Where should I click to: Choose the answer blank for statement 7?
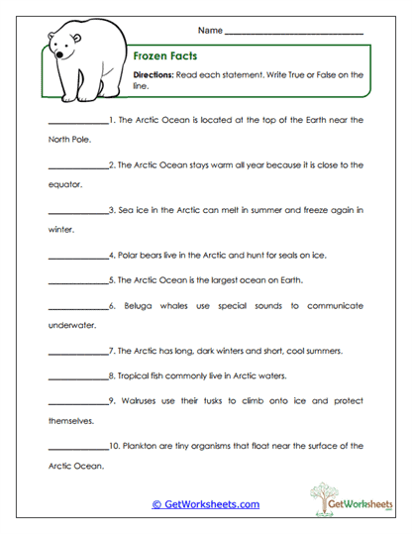pyautogui.click(x=76, y=353)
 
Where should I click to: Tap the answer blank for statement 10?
pyautogui.click(x=76, y=448)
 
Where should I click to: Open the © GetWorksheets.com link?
pyautogui.click(x=206, y=504)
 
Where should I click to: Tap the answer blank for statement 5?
pyautogui.click(x=76, y=281)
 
